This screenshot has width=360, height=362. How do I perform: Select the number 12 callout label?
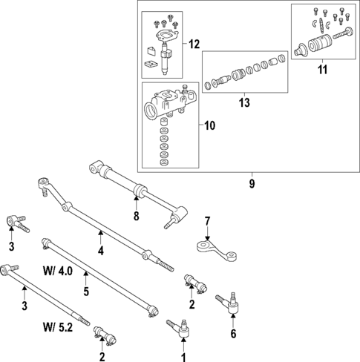tap(194, 45)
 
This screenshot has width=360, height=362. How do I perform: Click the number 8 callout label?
tap(135, 217)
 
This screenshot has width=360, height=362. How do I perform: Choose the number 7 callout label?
tap(208, 220)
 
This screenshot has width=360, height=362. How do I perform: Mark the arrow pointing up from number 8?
tap(135, 203)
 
